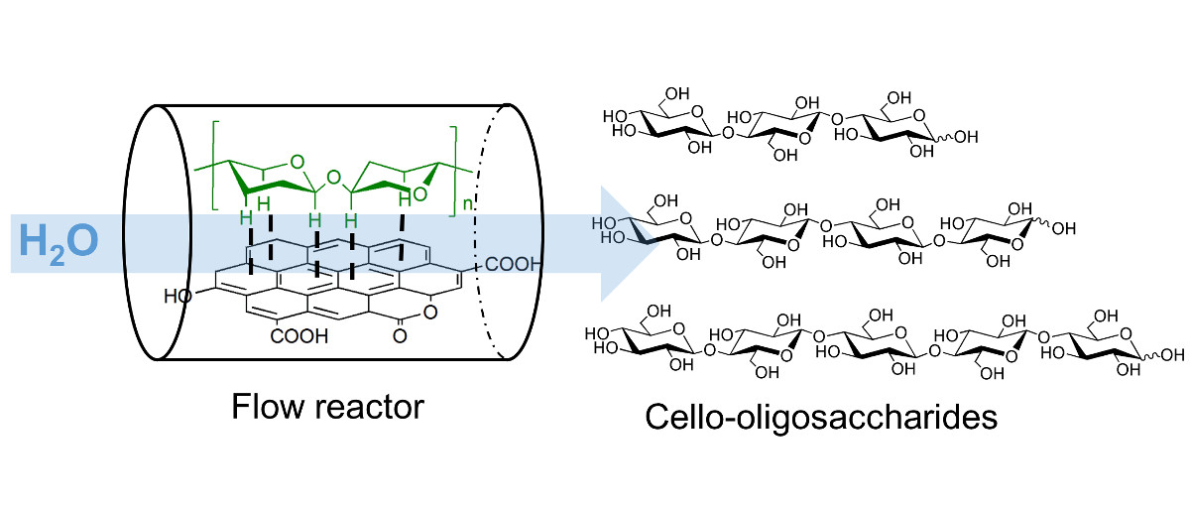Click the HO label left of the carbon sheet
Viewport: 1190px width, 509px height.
pyautogui.click(x=181, y=296)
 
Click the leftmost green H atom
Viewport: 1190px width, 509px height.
pyautogui.click(x=241, y=214)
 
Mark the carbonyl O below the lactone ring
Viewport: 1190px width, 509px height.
pyautogui.click(x=400, y=336)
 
